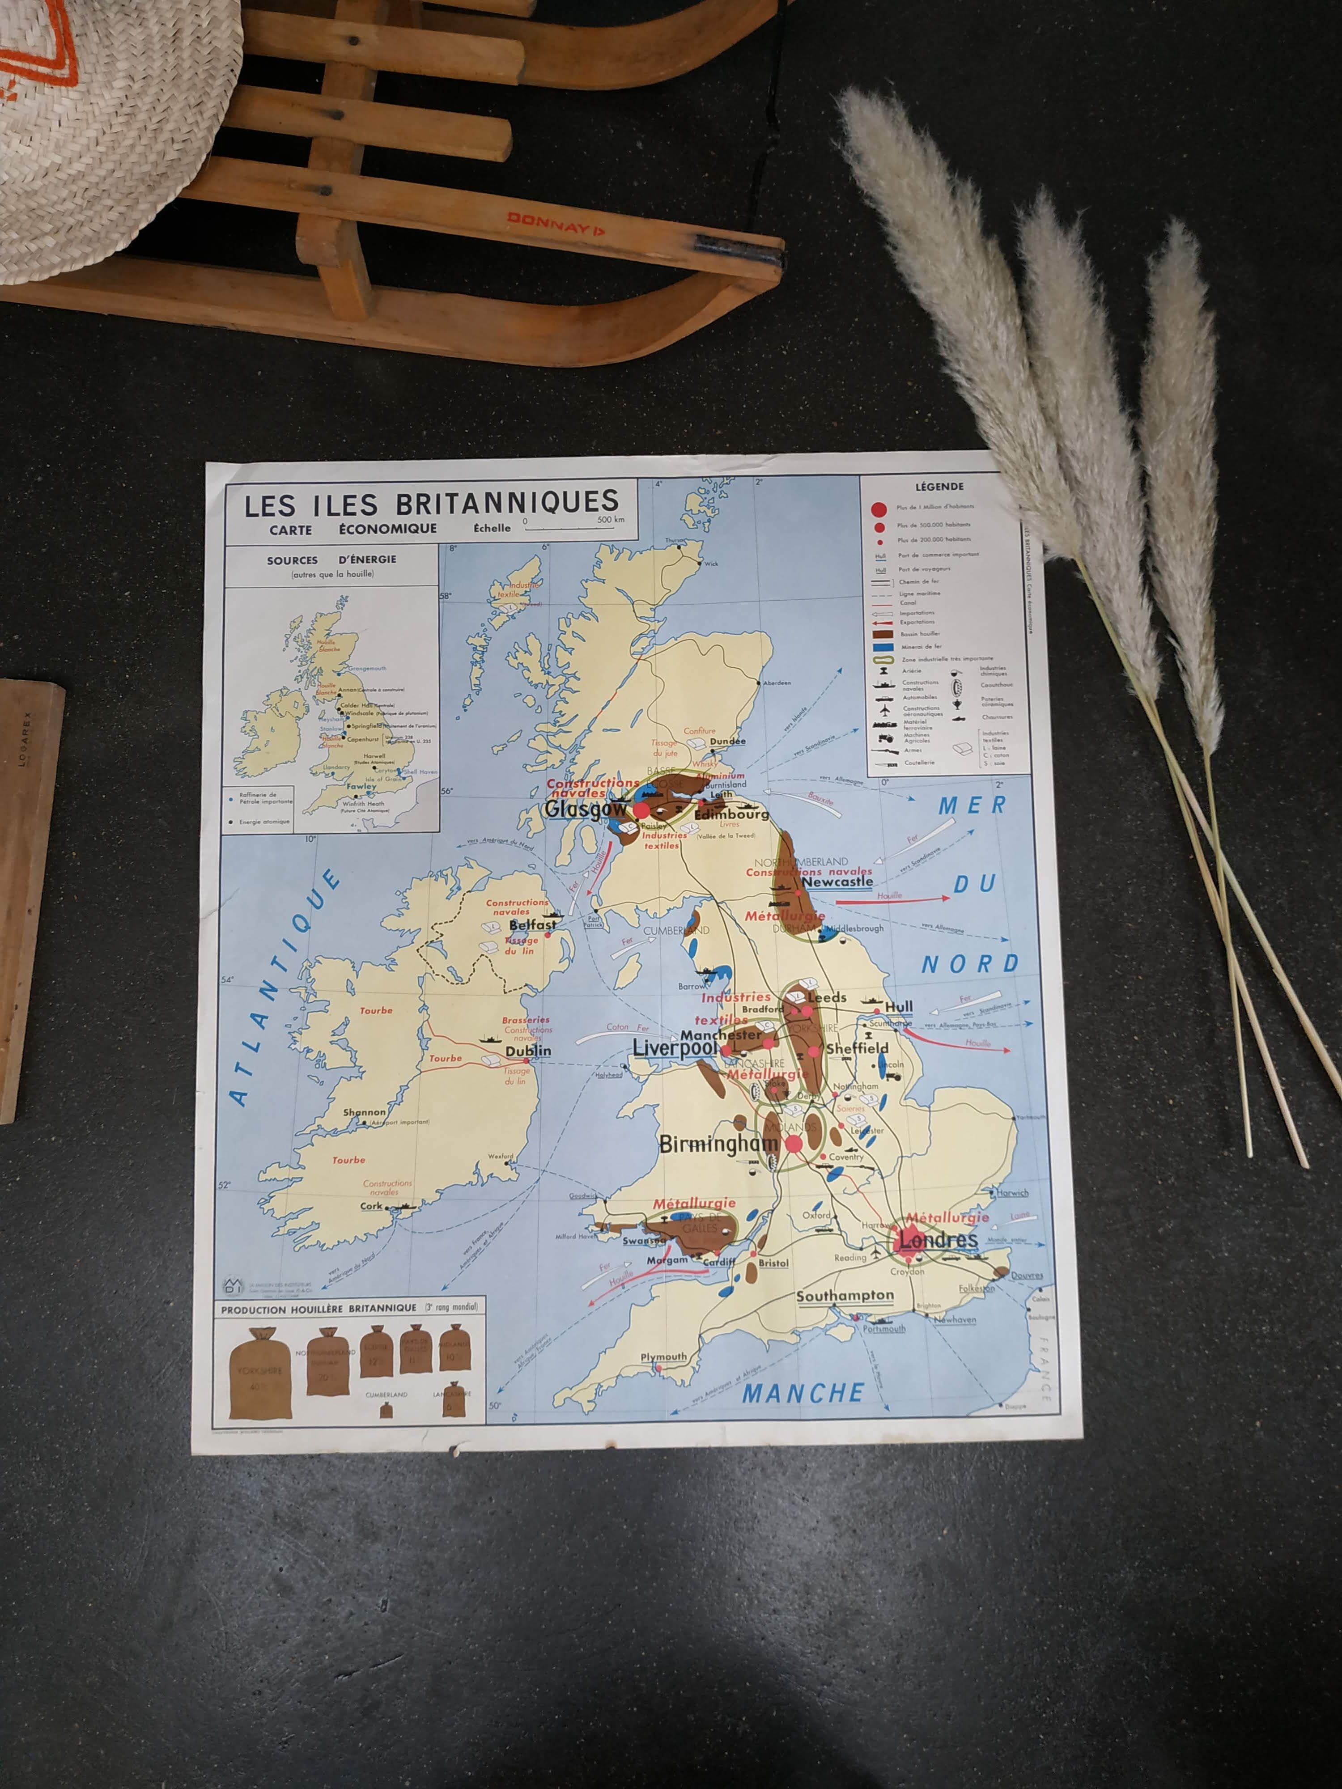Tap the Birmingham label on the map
(718, 1144)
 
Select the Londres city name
(939, 1240)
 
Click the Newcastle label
(837, 882)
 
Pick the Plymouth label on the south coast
(663, 1357)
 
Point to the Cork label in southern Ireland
(371, 1206)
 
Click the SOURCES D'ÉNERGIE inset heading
(331, 560)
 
